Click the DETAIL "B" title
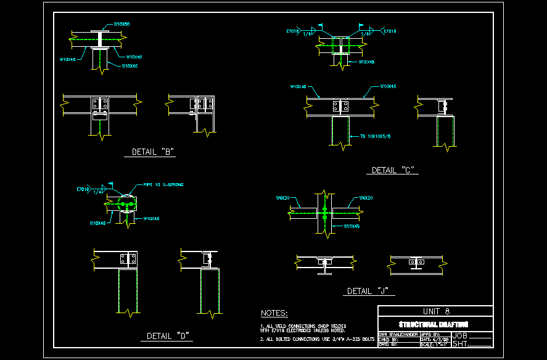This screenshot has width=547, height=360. [x=154, y=151]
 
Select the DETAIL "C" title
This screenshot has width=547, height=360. [x=392, y=170]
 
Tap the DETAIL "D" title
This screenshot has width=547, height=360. [x=167, y=336]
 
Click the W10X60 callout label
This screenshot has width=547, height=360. [x=122, y=24]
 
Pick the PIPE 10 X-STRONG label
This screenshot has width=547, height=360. [x=163, y=184]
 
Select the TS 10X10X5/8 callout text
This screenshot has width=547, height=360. [x=375, y=136]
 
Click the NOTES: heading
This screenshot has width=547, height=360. [x=274, y=314]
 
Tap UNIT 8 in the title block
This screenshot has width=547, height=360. [x=435, y=311]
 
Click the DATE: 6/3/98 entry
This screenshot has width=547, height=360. [x=434, y=339]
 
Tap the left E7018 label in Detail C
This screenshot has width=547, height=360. [x=293, y=30]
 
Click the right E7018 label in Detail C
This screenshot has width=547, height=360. [x=390, y=30]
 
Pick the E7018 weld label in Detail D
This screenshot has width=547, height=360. [x=83, y=189]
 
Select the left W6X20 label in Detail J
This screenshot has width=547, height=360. [x=283, y=198]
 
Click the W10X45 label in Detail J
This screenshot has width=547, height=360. [x=352, y=226]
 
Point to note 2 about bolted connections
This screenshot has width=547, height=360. [x=318, y=339]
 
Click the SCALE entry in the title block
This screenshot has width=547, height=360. [x=434, y=345]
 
